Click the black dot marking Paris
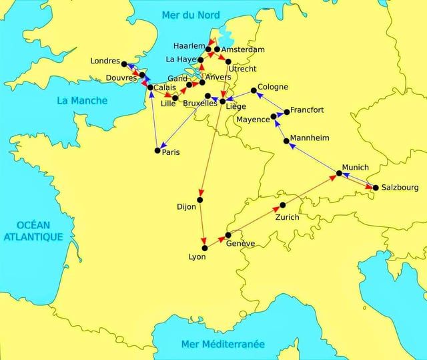pos(157,150)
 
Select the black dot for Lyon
pos(205,248)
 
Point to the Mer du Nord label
pos(189,15)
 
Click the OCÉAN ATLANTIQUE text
pos(33,230)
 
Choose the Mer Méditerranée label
pos(223,344)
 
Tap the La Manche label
pos(80,101)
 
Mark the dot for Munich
pos(339,174)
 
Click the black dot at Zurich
pos(283,205)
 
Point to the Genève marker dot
pos(228,235)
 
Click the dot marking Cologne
pos(254,91)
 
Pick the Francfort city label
pos(308,110)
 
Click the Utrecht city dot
pos(228,61)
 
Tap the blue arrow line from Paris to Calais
pos(154,120)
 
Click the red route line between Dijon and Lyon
pos(201,224)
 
